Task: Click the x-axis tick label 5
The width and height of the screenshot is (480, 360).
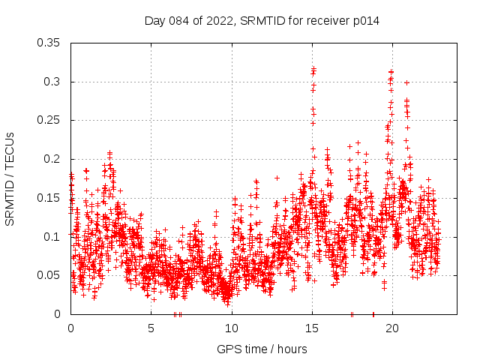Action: [x=151, y=328]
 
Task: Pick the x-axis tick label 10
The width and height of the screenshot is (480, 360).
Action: [x=232, y=328]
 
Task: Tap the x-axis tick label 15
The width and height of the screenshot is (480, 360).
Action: [x=312, y=328]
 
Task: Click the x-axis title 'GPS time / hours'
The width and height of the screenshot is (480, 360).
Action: [x=261, y=349]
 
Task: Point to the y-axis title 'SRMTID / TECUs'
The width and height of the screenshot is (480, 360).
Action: [x=10, y=178]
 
